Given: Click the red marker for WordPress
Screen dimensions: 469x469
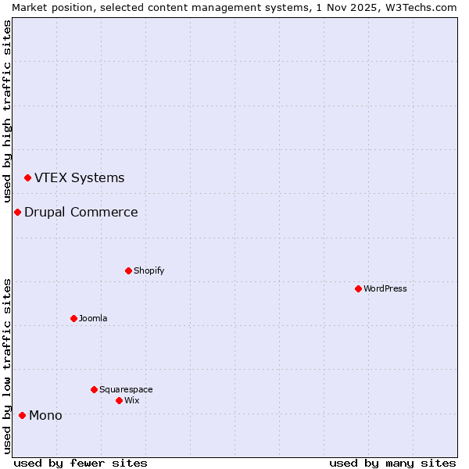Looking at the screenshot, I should pyautogui.click(x=358, y=288).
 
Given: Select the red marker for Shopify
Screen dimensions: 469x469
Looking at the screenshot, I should pyautogui.click(x=128, y=270).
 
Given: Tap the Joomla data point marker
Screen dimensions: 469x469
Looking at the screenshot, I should pyautogui.click(x=73, y=318).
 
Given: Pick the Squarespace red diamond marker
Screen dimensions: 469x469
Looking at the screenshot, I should pyautogui.click(x=94, y=389).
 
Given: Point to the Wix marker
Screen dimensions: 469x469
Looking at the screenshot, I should pyautogui.click(x=119, y=400).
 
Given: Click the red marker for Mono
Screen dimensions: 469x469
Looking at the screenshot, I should pyautogui.click(x=22, y=415).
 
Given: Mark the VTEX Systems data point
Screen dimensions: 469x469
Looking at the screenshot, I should pyautogui.click(x=27, y=177).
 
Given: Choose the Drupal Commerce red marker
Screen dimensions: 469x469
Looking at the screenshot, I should pyautogui.click(x=17, y=212).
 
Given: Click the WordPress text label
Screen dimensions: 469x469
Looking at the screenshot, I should pyautogui.click(x=385, y=288).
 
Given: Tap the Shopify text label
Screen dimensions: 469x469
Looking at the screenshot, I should pyautogui.click(x=149, y=270).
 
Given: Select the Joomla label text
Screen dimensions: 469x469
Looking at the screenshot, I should pyautogui.click(x=93, y=318).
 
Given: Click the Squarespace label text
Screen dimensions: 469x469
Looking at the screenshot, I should pyautogui.click(x=126, y=389).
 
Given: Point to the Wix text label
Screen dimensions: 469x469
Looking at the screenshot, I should pyautogui.click(x=132, y=400).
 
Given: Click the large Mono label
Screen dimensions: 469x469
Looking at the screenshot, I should pyautogui.click(x=45, y=415).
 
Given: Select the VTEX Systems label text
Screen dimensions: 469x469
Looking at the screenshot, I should pyautogui.click(x=79, y=177).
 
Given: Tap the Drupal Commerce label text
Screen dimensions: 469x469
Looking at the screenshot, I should pyautogui.click(x=81, y=212).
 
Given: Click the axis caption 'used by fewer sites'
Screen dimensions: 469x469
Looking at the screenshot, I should pyautogui.click(x=81, y=463).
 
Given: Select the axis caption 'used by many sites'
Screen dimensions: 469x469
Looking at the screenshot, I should pyautogui.click(x=392, y=463).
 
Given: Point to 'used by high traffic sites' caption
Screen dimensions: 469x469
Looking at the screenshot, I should pyautogui.click(x=7, y=111).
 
